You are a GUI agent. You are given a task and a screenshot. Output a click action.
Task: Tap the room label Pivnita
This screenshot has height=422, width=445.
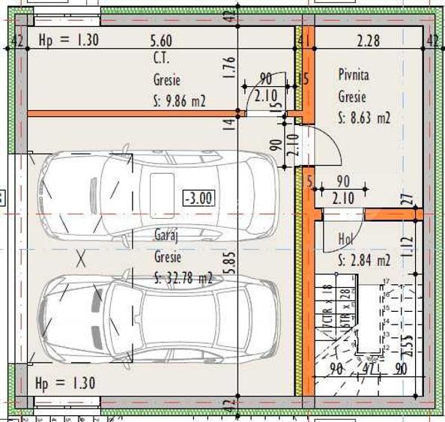354,76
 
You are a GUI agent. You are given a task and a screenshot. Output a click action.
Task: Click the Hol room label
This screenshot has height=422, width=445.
345,239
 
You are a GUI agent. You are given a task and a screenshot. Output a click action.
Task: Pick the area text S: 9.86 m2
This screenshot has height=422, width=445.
178,100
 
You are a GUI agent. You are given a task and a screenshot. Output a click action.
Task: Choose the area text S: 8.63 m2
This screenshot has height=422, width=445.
364,118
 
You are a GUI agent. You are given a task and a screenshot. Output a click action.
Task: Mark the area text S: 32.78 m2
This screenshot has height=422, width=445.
184,279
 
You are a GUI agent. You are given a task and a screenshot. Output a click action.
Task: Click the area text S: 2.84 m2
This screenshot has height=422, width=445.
364,261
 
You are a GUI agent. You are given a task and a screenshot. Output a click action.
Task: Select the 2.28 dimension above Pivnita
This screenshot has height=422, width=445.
369,40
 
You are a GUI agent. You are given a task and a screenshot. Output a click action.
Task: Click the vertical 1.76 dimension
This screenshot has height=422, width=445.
230,69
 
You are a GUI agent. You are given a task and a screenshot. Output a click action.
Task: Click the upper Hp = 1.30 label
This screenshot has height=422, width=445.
67,40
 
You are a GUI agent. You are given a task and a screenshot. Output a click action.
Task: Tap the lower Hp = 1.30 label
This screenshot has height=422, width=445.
65,384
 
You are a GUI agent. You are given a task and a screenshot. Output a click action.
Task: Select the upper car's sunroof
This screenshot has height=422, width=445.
162,186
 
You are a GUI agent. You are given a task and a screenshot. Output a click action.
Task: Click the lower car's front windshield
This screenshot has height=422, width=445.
94,317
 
